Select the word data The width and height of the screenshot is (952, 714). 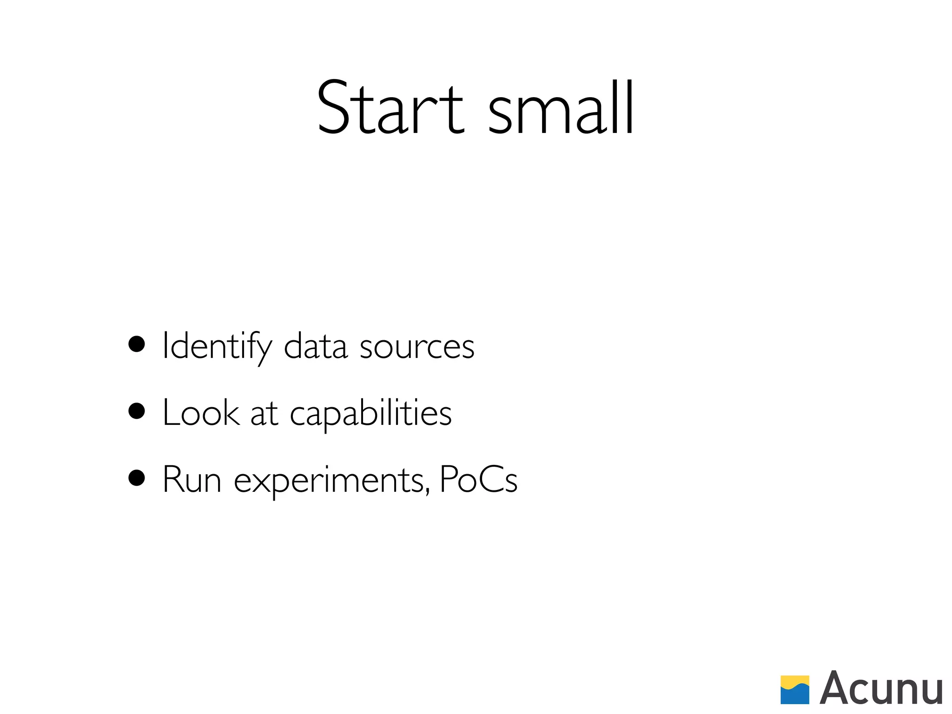[x=316, y=346]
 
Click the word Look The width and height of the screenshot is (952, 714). [x=201, y=413]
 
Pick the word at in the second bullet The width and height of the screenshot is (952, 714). [x=264, y=414]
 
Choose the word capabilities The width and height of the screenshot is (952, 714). [x=370, y=414]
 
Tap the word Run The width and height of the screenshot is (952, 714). [x=192, y=480]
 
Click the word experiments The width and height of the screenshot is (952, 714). [x=329, y=481]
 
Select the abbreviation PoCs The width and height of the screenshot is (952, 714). [x=478, y=480]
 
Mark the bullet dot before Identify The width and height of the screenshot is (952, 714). [x=137, y=345]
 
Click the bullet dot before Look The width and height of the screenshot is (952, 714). [x=137, y=411]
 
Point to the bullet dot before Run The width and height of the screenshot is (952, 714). [x=137, y=478]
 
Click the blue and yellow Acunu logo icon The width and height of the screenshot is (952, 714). [x=794, y=690]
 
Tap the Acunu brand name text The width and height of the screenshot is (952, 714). [x=881, y=689]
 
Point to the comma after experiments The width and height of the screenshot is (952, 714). [x=427, y=490]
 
